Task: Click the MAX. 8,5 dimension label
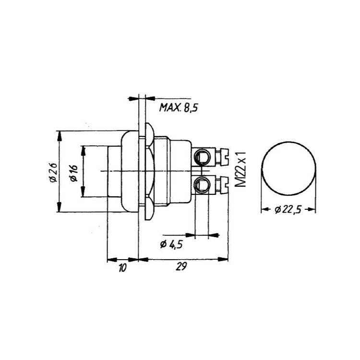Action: [x=179, y=108]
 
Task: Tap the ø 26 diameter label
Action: [x=53, y=172]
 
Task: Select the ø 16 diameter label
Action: [x=74, y=173]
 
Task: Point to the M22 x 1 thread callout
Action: [x=240, y=169]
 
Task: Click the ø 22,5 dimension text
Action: [x=288, y=210]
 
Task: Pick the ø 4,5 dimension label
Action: [x=171, y=245]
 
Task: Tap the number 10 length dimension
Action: [x=122, y=268]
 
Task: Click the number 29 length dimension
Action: [x=181, y=266]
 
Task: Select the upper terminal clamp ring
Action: [x=202, y=157]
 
